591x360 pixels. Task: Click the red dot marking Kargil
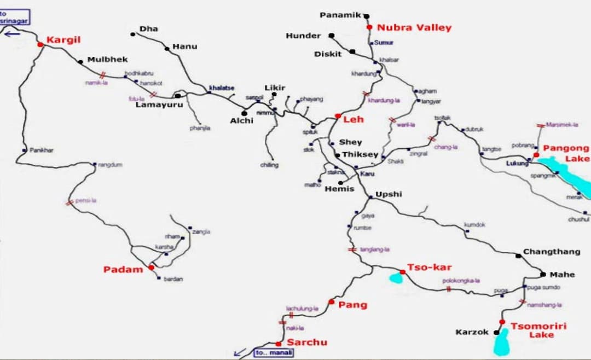coord(40,44)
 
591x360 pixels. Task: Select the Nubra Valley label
coord(414,27)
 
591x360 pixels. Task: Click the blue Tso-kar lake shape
coord(396,278)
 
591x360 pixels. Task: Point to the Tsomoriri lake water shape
coord(501,344)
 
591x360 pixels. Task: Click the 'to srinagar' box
coord(15,16)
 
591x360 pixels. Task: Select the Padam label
coord(123,269)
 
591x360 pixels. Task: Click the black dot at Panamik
coord(367,16)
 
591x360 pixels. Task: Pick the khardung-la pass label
coord(384,101)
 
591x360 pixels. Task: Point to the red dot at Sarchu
coord(279,344)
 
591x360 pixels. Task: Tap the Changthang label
coord(552,252)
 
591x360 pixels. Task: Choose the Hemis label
coord(339,189)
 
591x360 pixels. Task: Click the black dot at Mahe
coord(543,274)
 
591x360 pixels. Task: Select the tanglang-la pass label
coord(375,249)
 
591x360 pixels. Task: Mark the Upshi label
coord(389,194)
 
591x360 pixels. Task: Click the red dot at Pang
coord(331,301)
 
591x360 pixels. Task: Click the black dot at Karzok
coord(496,332)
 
